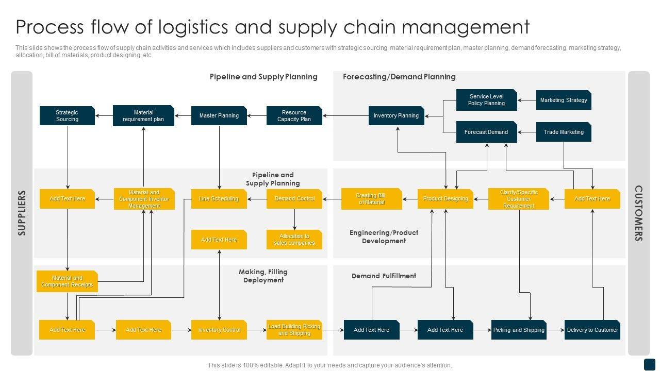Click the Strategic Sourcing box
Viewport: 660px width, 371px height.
coord(67,116)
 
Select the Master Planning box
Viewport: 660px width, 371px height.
coord(219,116)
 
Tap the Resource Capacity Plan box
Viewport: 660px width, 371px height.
coord(294,116)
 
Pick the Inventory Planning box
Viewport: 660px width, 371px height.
coord(396,116)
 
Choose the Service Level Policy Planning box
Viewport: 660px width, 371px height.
coord(486,100)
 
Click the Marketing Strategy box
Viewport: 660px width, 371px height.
coord(564,100)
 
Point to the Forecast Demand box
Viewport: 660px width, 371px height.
coord(486,132)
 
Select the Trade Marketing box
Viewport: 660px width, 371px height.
coord(564,132)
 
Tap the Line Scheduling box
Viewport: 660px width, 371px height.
coord(219,199)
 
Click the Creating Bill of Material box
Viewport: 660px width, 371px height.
coord(371,199)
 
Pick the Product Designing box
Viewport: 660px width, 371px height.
coord(445,199)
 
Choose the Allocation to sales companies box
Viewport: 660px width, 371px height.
coord(294,240)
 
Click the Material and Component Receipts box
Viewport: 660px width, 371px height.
coord(67,281)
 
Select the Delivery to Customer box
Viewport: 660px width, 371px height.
coord(592,330)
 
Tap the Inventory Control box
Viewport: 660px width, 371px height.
coord(219,330)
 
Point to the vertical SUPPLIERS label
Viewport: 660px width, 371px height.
coord(22,213)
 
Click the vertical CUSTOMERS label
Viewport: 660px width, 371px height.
coord(638,213)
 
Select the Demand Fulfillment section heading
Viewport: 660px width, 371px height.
coord(384,276)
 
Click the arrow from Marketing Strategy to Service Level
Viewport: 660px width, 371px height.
coord(527,100)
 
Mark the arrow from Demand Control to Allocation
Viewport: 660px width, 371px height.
coord(294,219)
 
